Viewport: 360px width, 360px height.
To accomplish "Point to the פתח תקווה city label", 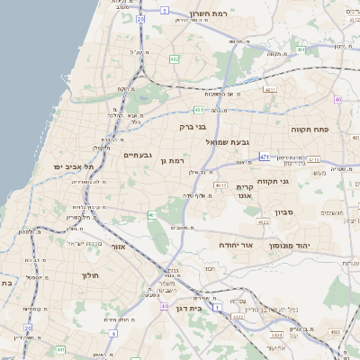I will [x=313, y=129].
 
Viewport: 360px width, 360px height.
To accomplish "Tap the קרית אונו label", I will [x=243, y=191].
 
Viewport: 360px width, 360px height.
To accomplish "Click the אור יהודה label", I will [x=237, y=245].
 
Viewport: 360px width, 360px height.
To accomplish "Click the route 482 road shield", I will [x=174, y=58].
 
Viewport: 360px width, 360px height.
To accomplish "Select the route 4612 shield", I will [x=220, y=184].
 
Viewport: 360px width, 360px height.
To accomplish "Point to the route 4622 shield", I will [x=263, y=221].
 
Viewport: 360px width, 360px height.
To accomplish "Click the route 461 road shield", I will [x=151, y=214].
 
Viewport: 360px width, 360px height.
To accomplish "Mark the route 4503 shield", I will [x=335, y=332].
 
